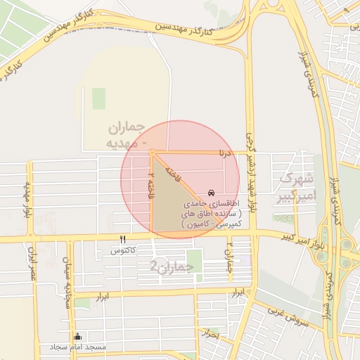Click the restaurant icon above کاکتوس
coord(123,240)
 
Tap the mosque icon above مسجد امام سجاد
coord(77,337)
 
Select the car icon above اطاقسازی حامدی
coord(212,193)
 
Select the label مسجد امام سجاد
coord(78,347)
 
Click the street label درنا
coord(225,151)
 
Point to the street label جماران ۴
coord(229,261)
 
